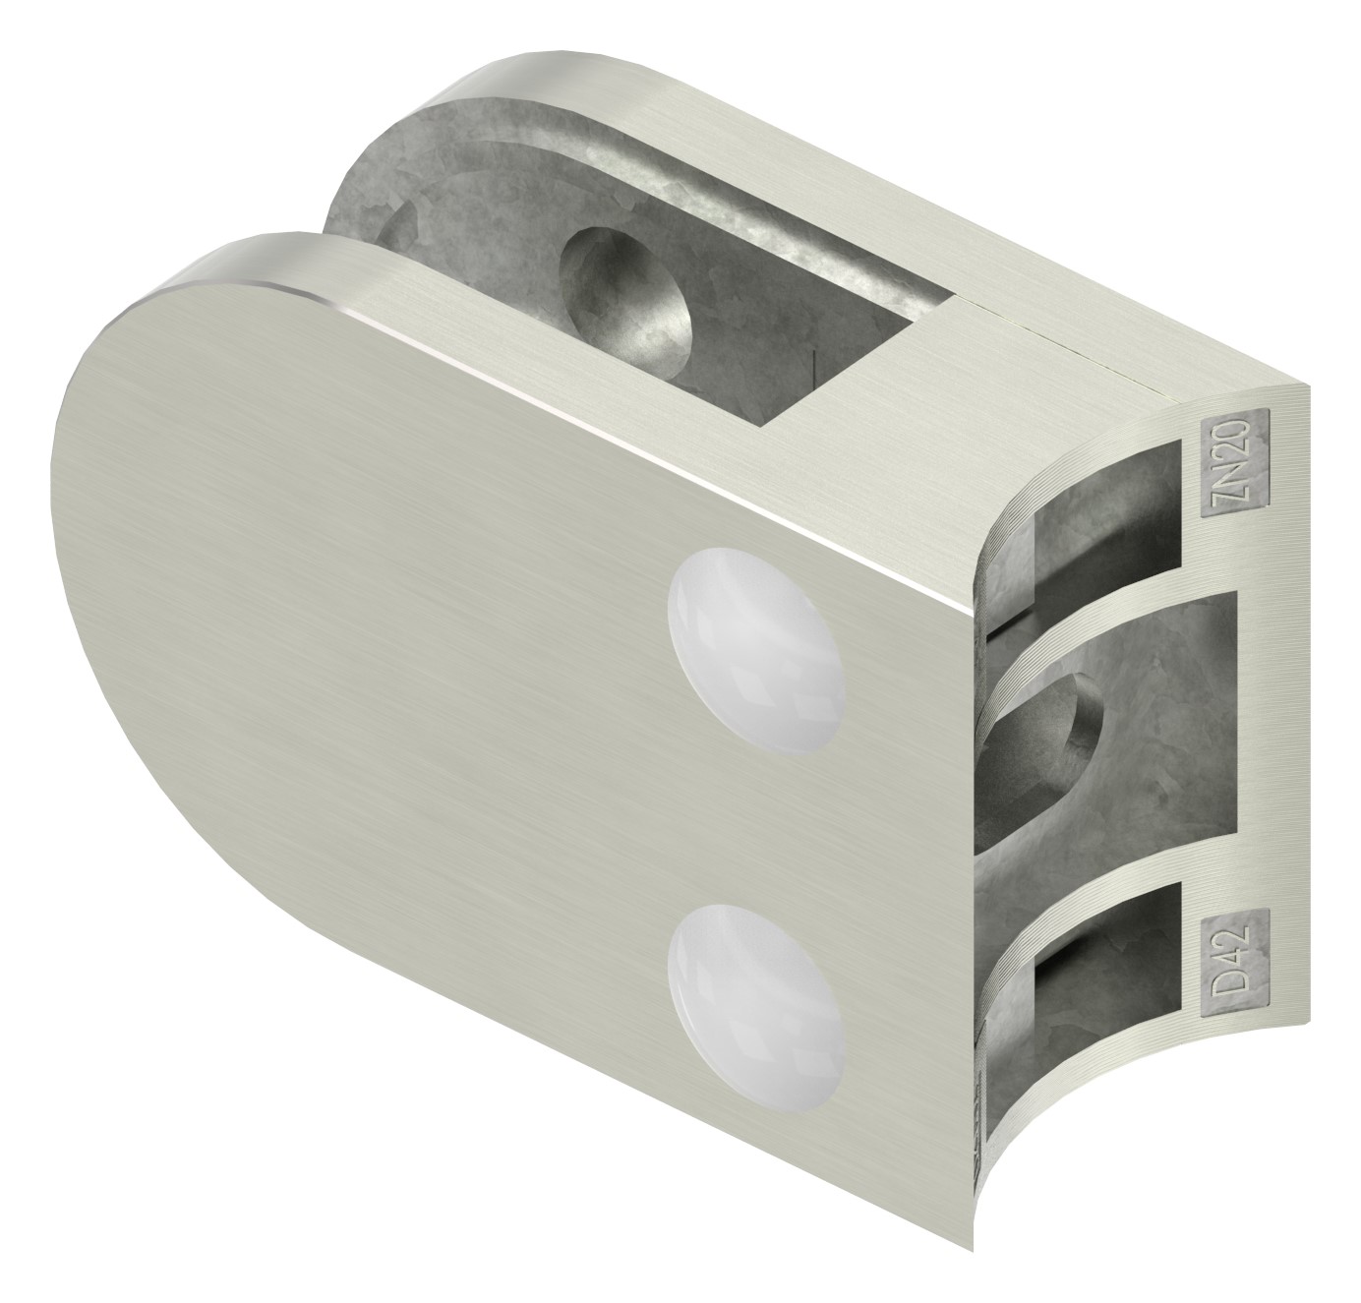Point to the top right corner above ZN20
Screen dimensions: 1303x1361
(1303, 388)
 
